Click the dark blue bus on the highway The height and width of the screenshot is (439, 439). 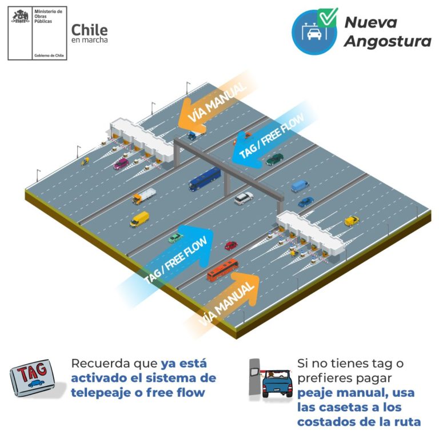tap(205, 179)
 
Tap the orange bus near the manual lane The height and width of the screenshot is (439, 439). tap(222, 270)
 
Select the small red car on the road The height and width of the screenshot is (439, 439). tap(230, 245)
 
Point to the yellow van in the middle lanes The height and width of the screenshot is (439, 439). tap(139, 219)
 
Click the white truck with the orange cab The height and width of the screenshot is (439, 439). tap(144, 195)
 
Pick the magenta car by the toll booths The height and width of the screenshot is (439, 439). tap(121, 163)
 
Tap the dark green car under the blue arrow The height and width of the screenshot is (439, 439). tap(274, 158)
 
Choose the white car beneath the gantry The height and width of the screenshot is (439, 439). tap(244, 198)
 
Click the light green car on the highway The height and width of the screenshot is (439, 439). tap(175, 237)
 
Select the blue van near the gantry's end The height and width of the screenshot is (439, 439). tap(300, 186)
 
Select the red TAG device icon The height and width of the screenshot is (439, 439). tap(33, 378)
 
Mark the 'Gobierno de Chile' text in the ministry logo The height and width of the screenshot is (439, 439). tap(50, 55)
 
